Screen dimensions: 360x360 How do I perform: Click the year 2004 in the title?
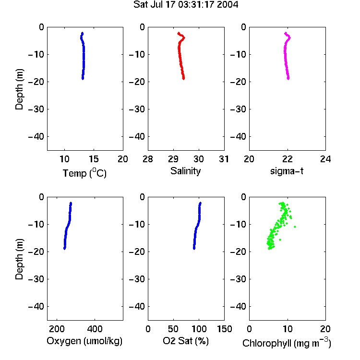tap(228, 5)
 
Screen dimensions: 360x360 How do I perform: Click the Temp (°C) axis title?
tap(84, 173)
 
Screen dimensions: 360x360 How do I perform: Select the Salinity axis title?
tap(185, 171)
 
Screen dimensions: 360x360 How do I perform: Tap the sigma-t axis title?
tap(287, 171)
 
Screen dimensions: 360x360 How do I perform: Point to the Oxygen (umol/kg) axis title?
tap(84, 341)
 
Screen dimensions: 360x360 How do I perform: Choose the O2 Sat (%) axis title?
tap(186, 341)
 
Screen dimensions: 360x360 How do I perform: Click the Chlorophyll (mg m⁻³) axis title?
tap(287, 343)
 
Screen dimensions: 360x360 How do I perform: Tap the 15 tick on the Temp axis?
tap(94, 159)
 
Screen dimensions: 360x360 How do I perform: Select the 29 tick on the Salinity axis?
tap(173, 159)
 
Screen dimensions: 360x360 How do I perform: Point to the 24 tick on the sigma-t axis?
tap(325, 159)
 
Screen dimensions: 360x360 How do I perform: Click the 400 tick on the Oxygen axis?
tap(95, 329)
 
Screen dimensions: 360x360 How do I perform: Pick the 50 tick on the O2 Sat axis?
tap(173, 329)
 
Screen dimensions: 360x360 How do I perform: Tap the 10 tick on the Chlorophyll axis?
tap(287, 329)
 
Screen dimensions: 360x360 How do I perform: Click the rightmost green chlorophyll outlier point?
tap(295, 227)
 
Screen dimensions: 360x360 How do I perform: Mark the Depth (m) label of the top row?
tap(19, 89)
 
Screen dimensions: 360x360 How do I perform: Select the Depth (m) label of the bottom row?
tap(19, 259)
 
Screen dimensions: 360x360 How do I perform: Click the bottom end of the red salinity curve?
tap(184, 79)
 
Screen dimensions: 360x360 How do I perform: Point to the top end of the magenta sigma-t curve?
tap(286, 33)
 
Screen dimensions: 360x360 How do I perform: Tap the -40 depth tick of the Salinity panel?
tap(137, 137)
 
